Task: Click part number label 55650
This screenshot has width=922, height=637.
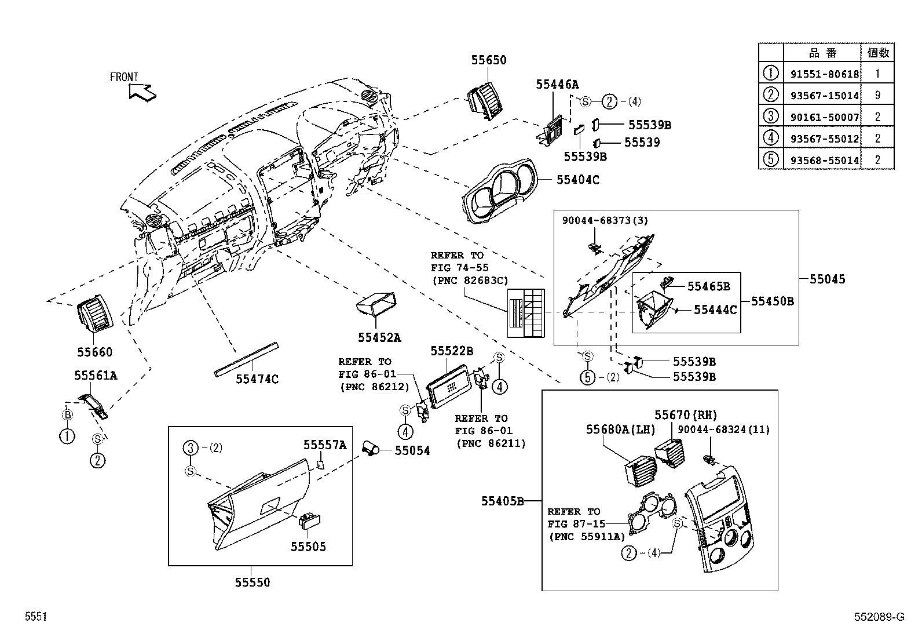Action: tap(488, 60)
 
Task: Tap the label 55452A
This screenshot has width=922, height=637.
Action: tap(379, 337)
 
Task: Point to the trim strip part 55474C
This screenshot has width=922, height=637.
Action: tap(246, 359)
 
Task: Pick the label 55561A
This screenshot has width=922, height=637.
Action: tap(96, 376)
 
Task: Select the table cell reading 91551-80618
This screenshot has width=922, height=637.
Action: tap(824, 74)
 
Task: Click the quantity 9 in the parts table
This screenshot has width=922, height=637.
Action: tap(877, 96)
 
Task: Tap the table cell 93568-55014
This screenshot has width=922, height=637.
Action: tap(824, 160)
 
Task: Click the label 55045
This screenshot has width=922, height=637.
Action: tap(827, 279)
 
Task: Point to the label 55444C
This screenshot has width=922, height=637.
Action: tap(715, 310)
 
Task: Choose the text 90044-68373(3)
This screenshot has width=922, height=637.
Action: tap(605, 220)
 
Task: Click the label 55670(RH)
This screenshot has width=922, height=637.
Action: tap(686, 415)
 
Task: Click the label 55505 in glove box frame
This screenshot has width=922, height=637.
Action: tap(308, 546)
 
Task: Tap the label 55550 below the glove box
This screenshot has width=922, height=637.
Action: tap(252, 583)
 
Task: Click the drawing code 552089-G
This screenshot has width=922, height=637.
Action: tap(879, 617)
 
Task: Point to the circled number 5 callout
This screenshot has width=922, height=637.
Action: tap(587, 377)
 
